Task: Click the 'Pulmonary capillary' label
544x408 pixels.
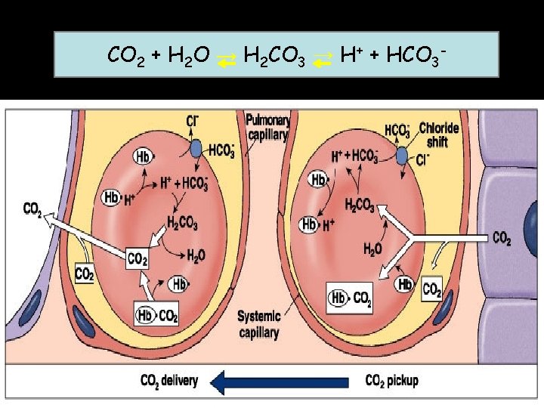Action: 267,127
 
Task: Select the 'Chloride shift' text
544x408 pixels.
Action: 439,134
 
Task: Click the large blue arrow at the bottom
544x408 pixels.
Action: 272,382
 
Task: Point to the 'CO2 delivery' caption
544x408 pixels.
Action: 169,381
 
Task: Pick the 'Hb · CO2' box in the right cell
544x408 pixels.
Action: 353,298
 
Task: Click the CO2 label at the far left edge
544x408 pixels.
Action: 33,209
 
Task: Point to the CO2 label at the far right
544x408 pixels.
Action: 502,239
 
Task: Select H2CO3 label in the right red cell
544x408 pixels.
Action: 360,205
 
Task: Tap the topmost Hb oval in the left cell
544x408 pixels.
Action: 143,156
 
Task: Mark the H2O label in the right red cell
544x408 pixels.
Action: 373,249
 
